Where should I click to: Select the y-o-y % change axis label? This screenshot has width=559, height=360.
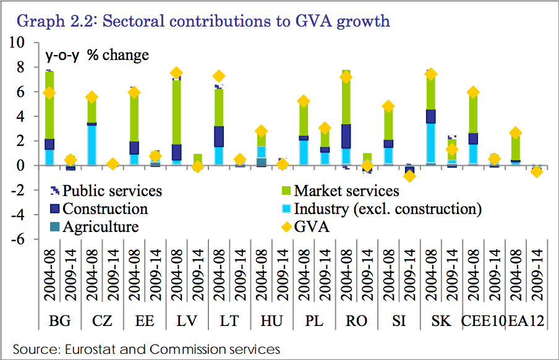97,55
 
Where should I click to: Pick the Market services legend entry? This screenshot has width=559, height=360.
346,191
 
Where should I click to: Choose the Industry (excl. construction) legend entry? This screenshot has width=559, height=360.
387,208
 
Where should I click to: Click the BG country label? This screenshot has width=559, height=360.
59,322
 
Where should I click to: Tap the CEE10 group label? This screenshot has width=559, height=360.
484,322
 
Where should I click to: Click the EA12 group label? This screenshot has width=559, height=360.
526,322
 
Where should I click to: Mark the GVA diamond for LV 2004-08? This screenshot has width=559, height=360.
176,73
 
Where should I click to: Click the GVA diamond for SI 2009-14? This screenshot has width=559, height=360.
409,176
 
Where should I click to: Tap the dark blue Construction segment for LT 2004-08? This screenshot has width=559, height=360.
219,136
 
